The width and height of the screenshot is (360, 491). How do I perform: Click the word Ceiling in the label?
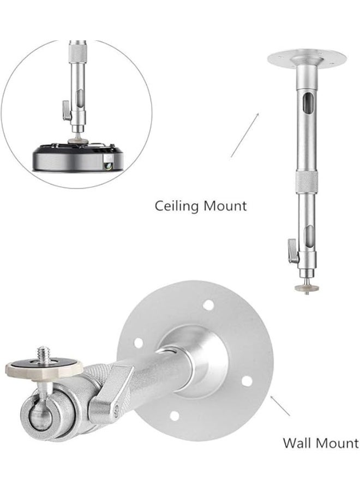(177, 206)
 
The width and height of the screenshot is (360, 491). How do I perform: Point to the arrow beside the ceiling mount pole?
(245, 135)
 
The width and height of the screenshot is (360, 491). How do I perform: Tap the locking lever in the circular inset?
(67, 110)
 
